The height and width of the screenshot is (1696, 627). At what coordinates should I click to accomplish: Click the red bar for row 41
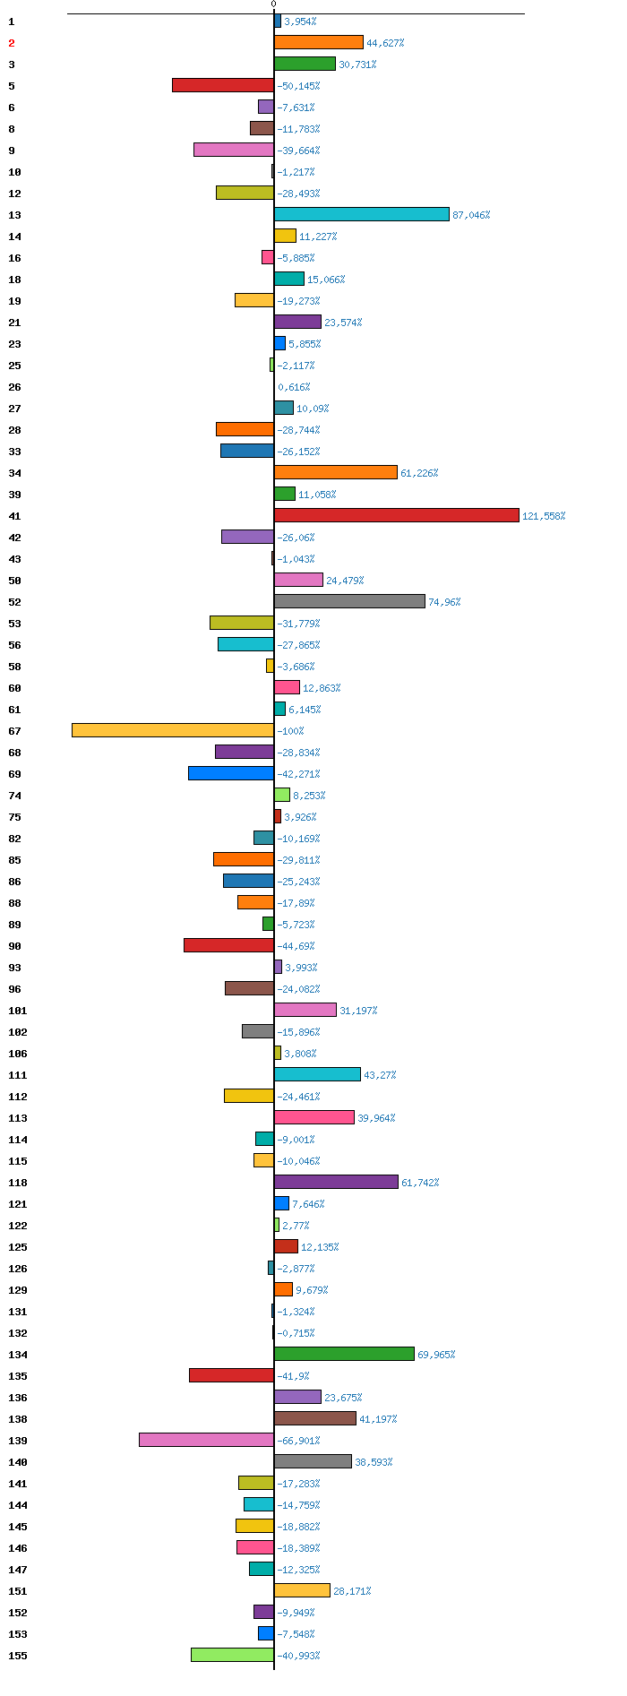coord(397,515)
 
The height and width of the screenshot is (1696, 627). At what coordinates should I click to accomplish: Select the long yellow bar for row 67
coord(173,730)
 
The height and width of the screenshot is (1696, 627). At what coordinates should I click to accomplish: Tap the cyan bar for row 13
coord(362,214)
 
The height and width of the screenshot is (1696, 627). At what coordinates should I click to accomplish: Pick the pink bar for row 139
coord(206,1440)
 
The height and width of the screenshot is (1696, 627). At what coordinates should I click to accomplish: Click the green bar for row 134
coord(344,1354)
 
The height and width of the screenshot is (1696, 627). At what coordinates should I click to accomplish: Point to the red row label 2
coord(12,43)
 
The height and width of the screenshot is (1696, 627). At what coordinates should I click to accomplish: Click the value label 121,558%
coord(544,516)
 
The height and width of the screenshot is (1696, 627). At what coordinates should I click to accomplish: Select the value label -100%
coord(290,731)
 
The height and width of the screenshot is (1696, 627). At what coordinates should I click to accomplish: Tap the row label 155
coord(18,1656)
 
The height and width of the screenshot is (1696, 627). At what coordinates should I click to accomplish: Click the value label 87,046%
coord(471,215)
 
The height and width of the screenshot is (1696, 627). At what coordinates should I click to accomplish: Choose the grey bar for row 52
coord(349,601)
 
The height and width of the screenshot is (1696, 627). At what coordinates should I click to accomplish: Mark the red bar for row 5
coord(223,85)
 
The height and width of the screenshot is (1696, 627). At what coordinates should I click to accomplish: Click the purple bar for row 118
coord(336,1182)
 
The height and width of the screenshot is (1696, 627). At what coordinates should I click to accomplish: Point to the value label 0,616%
coord(294,387)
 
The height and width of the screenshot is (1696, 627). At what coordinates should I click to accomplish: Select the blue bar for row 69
coord(231,773)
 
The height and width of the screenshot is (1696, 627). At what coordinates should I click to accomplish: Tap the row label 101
coord(18,1011)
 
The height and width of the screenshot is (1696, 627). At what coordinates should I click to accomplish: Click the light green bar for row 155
coord(232,1655)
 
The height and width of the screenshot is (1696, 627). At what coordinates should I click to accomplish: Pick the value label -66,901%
coord(298,1441)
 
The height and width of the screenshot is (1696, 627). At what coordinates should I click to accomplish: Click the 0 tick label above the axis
coord(274,4)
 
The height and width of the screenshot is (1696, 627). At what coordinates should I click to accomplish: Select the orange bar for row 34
coord(336,472)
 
